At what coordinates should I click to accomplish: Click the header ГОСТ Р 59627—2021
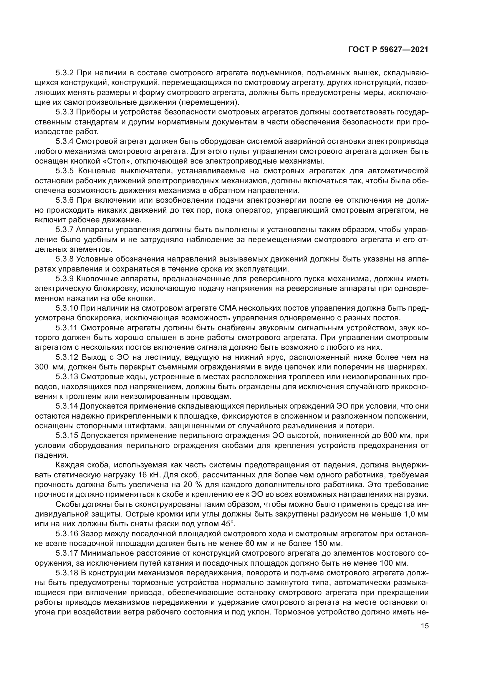[388, 50]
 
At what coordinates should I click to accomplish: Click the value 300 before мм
[42, 367]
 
